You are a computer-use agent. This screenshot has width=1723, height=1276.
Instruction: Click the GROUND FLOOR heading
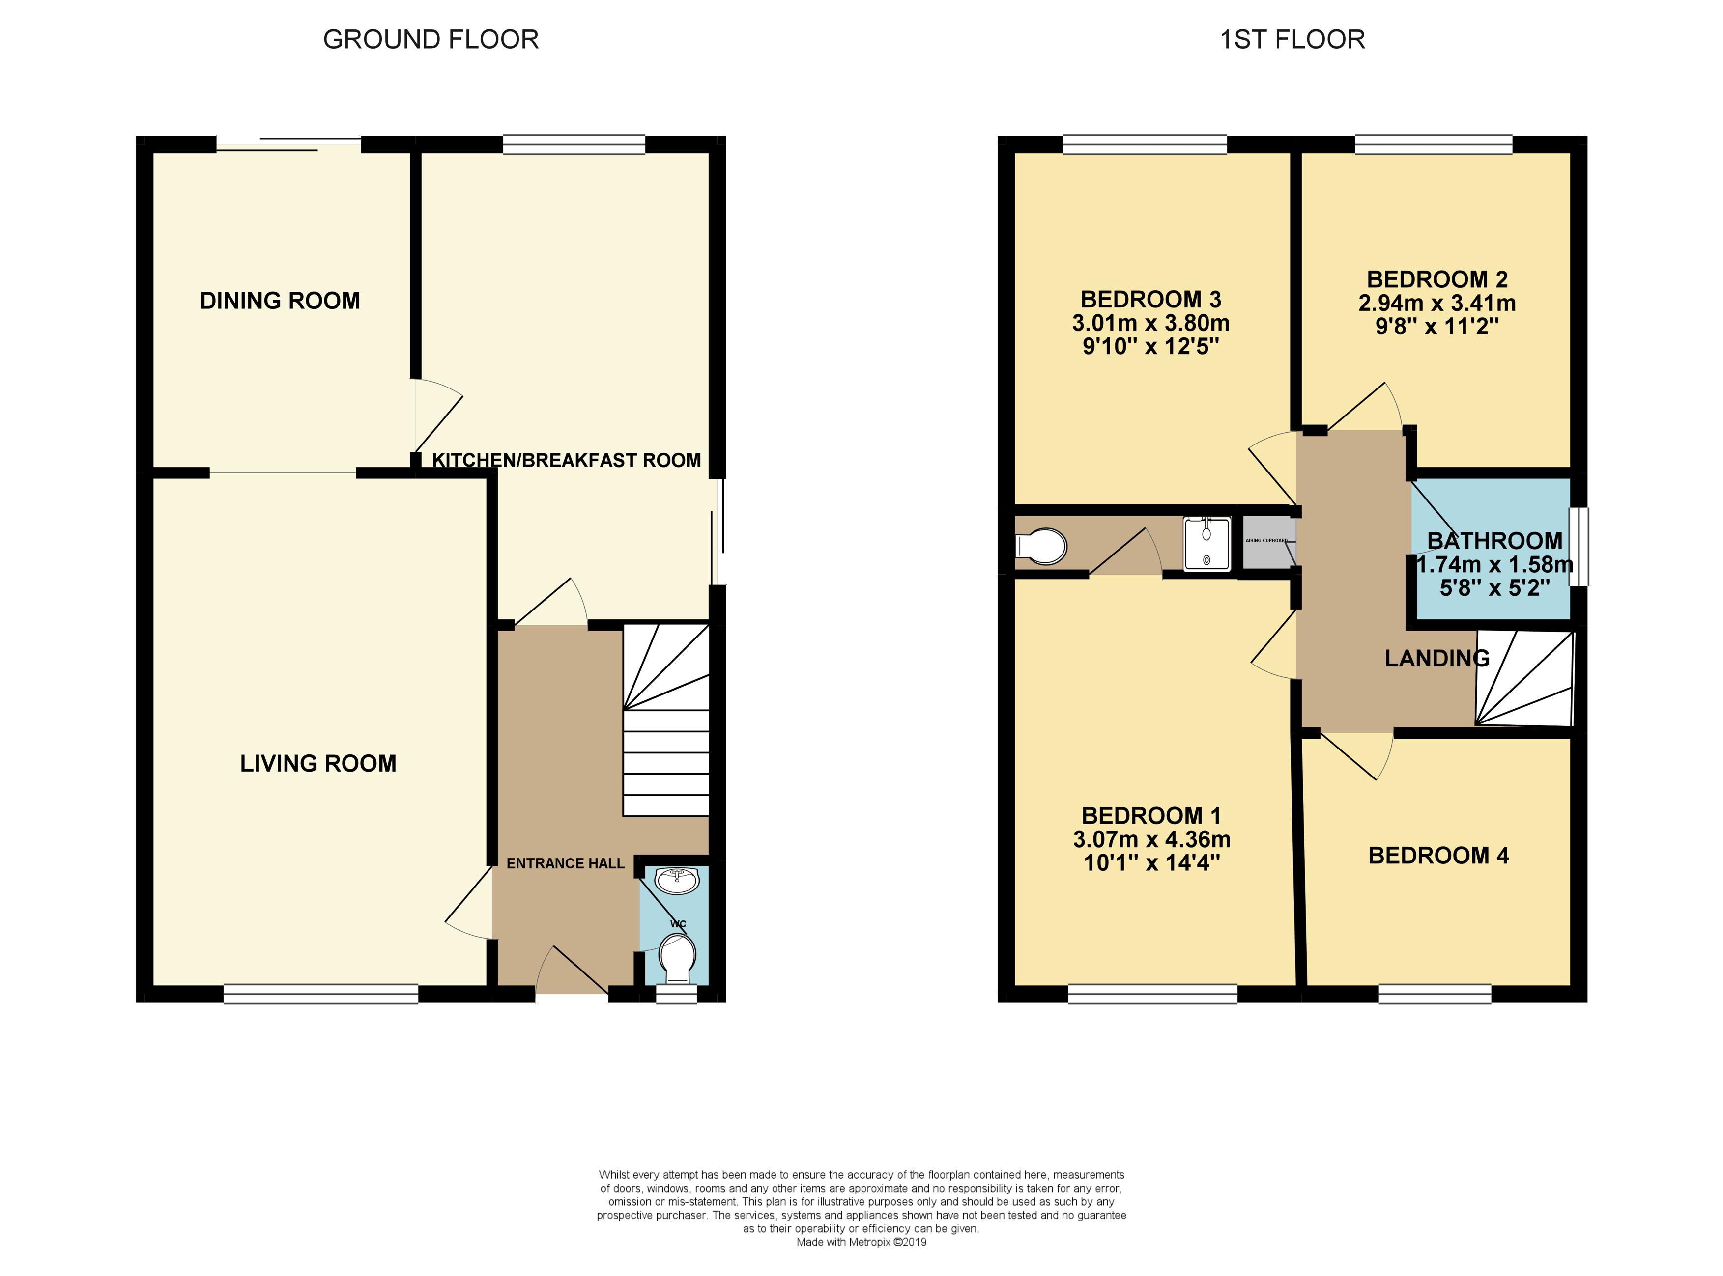[431, 39]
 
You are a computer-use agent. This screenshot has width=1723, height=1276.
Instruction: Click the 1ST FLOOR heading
[1292, 39]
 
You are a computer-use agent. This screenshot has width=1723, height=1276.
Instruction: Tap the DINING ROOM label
[280, 301]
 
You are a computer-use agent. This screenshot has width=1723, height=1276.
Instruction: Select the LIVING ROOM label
[317, 763]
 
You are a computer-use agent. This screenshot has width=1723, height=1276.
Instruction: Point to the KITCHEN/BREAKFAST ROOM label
[566, 460]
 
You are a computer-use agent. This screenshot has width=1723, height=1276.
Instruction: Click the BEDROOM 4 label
[1438, 856]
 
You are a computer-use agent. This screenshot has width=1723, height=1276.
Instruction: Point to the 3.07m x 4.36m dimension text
[1151, 839]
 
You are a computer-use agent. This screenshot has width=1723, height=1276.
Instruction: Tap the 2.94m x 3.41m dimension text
[1437, 303]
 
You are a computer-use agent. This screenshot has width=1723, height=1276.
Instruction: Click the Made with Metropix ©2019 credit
[861, 1242]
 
